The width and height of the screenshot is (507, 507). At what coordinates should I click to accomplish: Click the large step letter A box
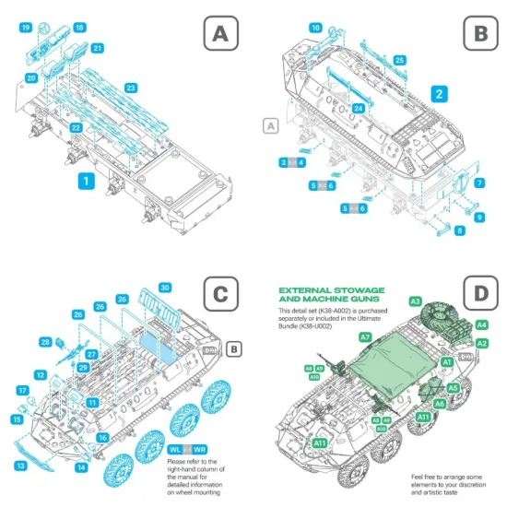218,35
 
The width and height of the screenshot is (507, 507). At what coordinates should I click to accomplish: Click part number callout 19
25,28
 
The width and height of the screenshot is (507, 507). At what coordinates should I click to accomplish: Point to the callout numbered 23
131,88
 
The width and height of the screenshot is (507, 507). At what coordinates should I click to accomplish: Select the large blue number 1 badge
85,182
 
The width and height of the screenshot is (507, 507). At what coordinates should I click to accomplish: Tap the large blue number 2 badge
441,93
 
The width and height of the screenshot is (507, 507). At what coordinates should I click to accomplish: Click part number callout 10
315,29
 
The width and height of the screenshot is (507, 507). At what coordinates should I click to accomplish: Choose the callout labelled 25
399,60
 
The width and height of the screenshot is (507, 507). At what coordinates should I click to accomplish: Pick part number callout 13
20,466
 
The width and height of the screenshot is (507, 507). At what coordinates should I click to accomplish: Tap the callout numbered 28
44,342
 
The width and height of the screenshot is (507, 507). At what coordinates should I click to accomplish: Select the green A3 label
415,301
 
